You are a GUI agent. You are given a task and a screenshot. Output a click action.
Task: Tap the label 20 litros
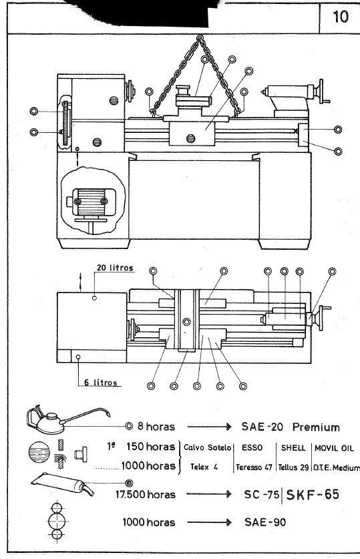tap(114, 268)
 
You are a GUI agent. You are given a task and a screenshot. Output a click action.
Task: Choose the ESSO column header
tap(250, 447)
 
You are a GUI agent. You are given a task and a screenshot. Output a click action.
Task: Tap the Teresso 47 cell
tap(252, 468)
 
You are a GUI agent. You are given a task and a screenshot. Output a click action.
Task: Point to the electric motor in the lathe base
tap(89, 202)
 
